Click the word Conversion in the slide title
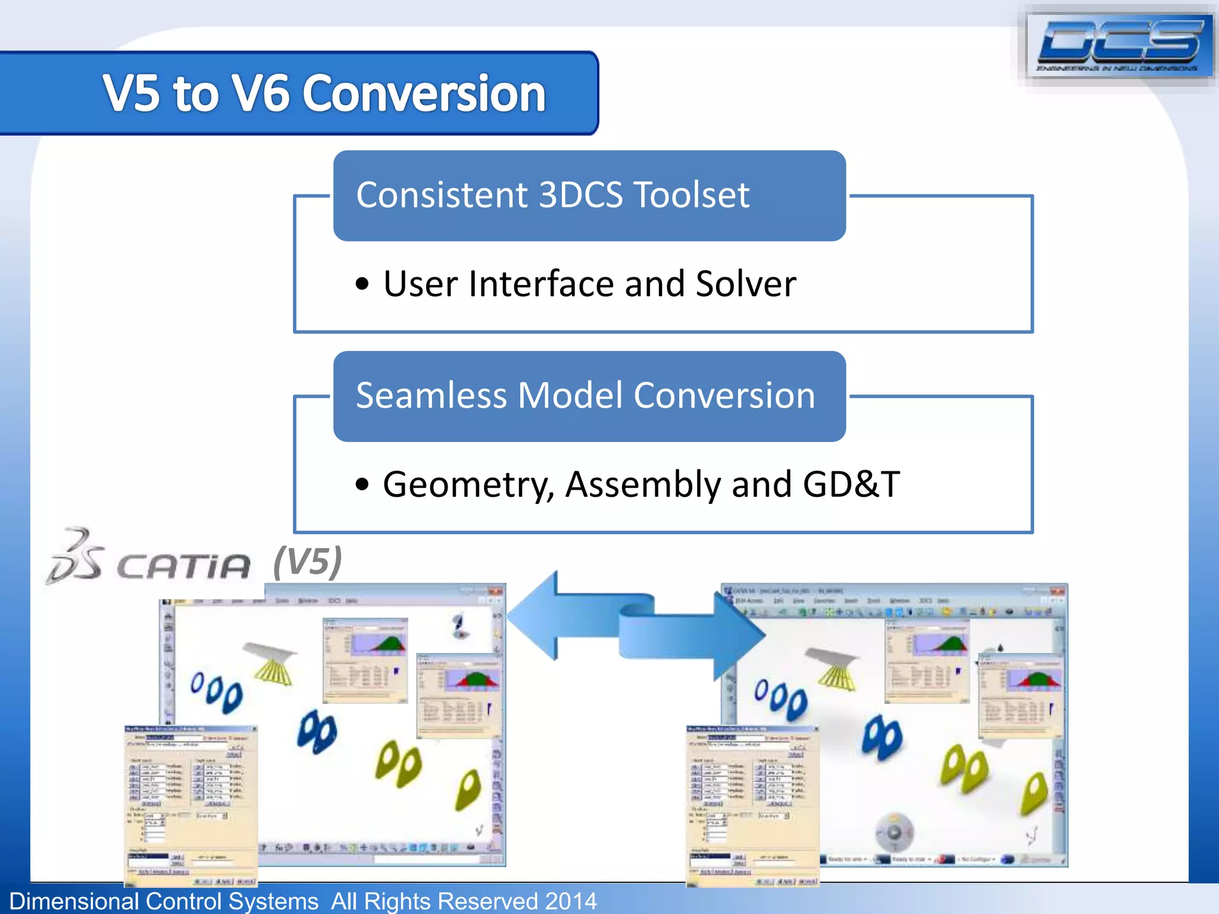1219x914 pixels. [425, 93]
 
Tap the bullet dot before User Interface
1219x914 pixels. [362, 284]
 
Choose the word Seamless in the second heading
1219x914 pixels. [431, 396]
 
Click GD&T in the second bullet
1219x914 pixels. [851, 484]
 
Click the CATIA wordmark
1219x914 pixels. [183, 565]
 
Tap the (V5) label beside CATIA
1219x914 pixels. [307, 561]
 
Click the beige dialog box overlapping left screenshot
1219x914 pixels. [190, 803]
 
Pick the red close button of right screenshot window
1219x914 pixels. [1057, 591]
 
